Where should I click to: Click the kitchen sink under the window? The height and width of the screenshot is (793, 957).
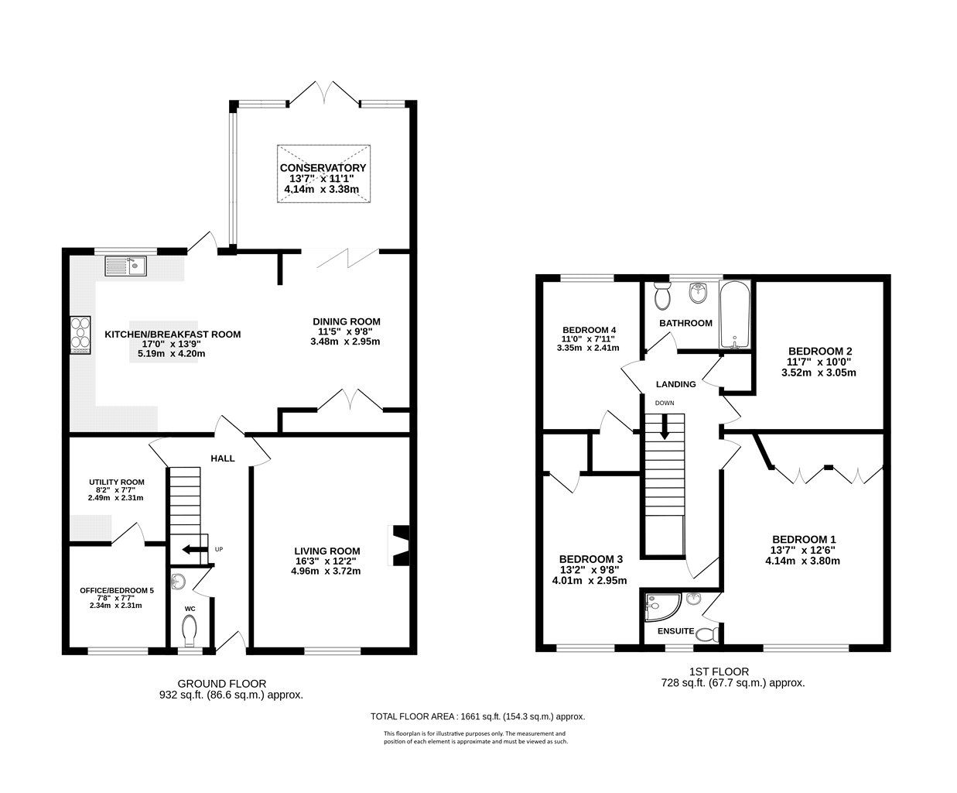126,266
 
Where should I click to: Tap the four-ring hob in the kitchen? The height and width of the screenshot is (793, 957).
80,335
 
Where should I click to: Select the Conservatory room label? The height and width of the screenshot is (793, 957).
323,168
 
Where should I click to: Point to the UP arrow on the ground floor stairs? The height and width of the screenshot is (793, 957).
189,550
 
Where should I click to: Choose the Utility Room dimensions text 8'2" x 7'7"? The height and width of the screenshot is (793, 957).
114,489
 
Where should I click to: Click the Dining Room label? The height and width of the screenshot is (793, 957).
346,321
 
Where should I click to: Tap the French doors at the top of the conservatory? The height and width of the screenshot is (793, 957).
324,91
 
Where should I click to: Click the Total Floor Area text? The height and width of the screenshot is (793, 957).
477,716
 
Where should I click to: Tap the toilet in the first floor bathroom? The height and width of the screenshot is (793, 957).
663,296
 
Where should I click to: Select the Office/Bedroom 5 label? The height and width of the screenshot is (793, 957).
117,590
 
